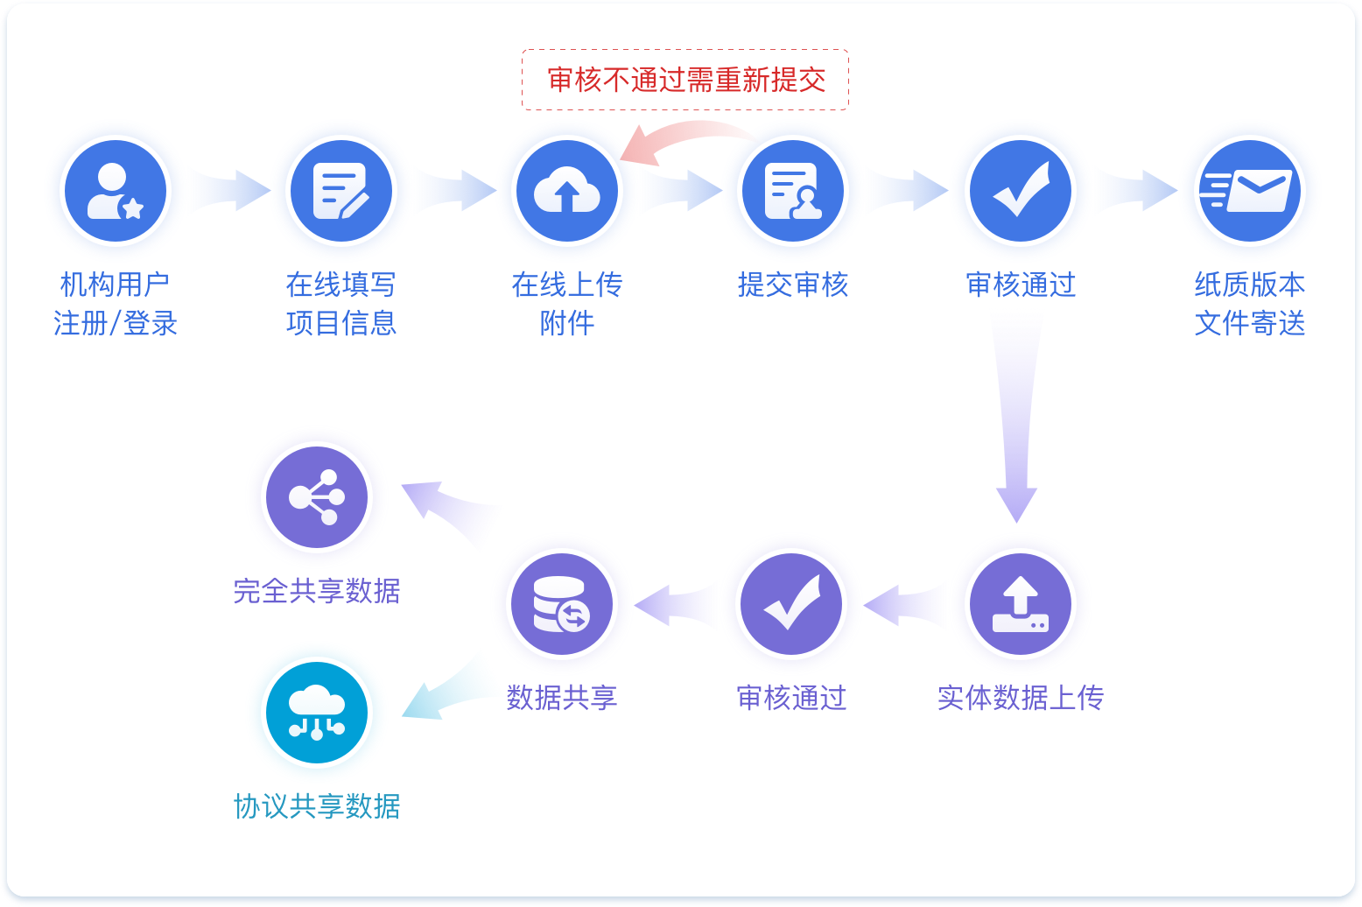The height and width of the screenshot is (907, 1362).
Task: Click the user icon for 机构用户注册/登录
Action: (115, 191)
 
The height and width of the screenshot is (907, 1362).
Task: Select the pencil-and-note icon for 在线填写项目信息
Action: (341, 191)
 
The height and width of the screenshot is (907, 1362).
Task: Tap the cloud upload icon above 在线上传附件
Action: (567, 191)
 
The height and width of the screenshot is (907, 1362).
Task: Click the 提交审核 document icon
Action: (793, 191)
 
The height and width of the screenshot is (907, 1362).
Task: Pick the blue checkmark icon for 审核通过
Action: (1020, 191)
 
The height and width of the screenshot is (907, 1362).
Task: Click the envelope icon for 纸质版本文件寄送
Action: (1249, 191)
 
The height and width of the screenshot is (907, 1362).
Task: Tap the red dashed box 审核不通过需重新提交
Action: (685, 80)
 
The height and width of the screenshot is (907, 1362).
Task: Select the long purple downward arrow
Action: (1017, 420)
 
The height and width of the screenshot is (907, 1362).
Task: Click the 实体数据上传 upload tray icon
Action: (1020, 604)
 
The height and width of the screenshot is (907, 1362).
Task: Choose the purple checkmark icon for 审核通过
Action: (791, 604)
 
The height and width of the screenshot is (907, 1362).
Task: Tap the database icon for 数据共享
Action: (562, 604)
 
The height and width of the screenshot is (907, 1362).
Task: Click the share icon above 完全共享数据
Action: (317, 497)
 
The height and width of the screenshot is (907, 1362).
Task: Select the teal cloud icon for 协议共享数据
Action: (317, 713)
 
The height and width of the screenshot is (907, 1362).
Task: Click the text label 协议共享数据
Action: (317, 806)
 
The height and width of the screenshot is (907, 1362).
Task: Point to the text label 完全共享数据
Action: (317, 591)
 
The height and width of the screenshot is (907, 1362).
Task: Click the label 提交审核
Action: (793, 285)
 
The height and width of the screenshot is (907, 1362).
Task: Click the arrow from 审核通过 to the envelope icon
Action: (1138, 191)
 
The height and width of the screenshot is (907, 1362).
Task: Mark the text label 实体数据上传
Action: (1020, 698)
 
